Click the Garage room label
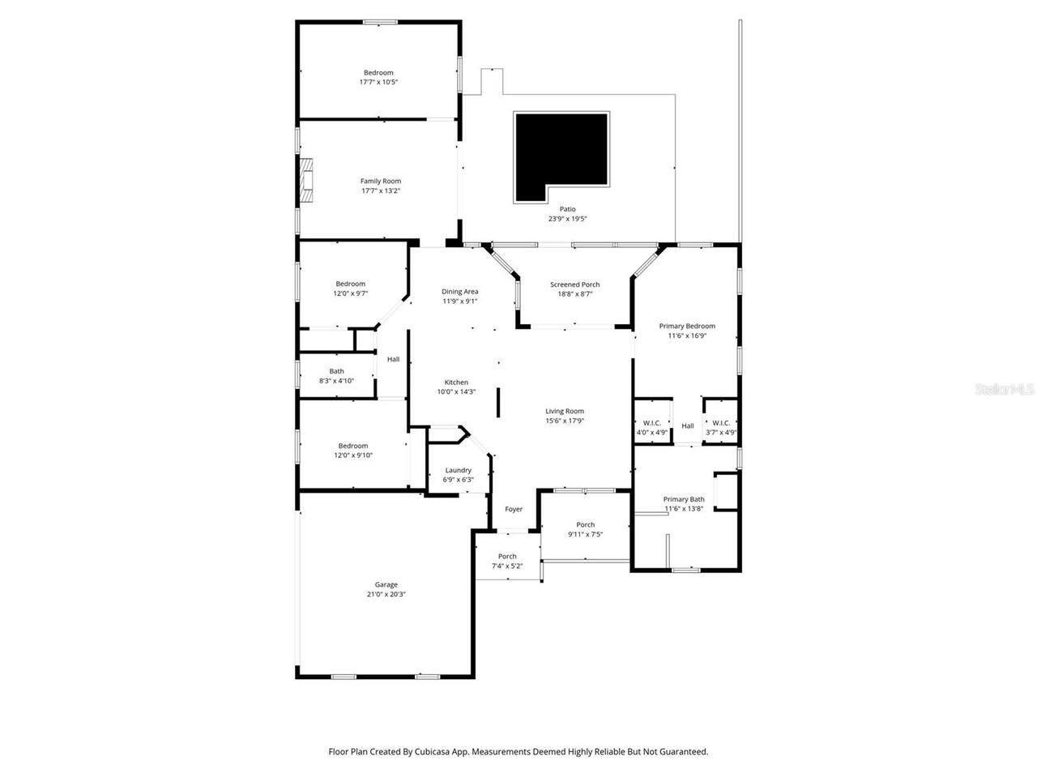[386, 584]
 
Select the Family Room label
[381, 182]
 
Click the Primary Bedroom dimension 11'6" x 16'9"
[687, 336]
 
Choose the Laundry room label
[458, 470]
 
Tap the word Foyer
[514, 509]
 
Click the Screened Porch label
[574, 284]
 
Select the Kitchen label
[456, 383]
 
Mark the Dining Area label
[459, 292]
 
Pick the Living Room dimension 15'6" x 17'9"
[565, 421]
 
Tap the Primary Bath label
[684, 499]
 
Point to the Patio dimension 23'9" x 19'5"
[567, 219]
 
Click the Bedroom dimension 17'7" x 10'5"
[378, 82]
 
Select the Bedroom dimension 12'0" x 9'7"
[351, 293]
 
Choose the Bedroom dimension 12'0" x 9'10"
[353, 455]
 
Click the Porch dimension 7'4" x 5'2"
[507, 566]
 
